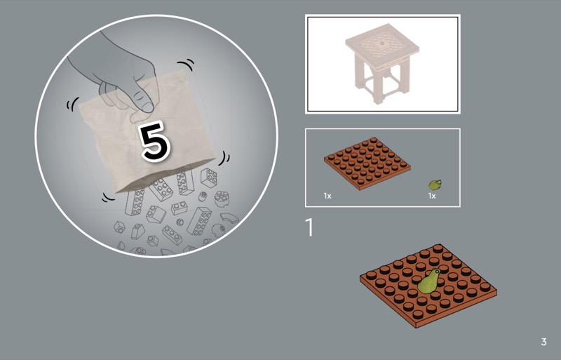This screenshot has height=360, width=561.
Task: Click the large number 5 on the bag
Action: point(155,141)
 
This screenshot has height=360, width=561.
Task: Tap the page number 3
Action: point(543,342)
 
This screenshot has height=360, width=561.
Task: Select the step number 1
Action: point(309,227)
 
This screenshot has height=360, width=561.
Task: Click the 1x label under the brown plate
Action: point(327,196)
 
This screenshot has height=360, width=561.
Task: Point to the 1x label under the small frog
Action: point(432,196)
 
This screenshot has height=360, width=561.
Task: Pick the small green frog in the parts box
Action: point(435,185)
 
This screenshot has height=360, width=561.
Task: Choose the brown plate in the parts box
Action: point(367,163)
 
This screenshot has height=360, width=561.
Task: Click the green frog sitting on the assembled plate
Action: point(429,281)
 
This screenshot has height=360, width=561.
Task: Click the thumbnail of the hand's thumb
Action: point(147,107)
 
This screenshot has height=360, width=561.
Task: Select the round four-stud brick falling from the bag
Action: point(222,199)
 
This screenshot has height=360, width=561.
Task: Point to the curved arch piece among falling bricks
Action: point(229,218)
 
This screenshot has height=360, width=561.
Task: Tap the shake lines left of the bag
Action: point(72,104)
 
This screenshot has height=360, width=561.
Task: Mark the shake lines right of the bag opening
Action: point(224,158)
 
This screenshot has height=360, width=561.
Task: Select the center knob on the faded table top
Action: point(382,44)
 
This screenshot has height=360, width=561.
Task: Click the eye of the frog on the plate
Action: point(435,270)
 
